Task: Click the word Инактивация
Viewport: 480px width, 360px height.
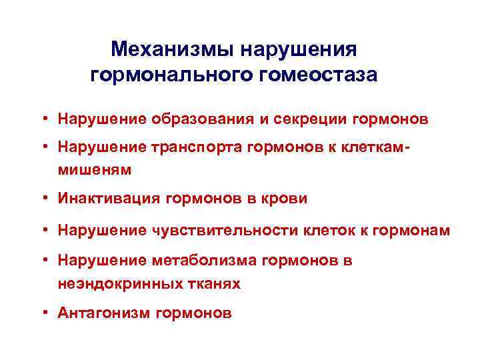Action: coord(107,199)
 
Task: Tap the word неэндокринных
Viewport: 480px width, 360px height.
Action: coord(114,283)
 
